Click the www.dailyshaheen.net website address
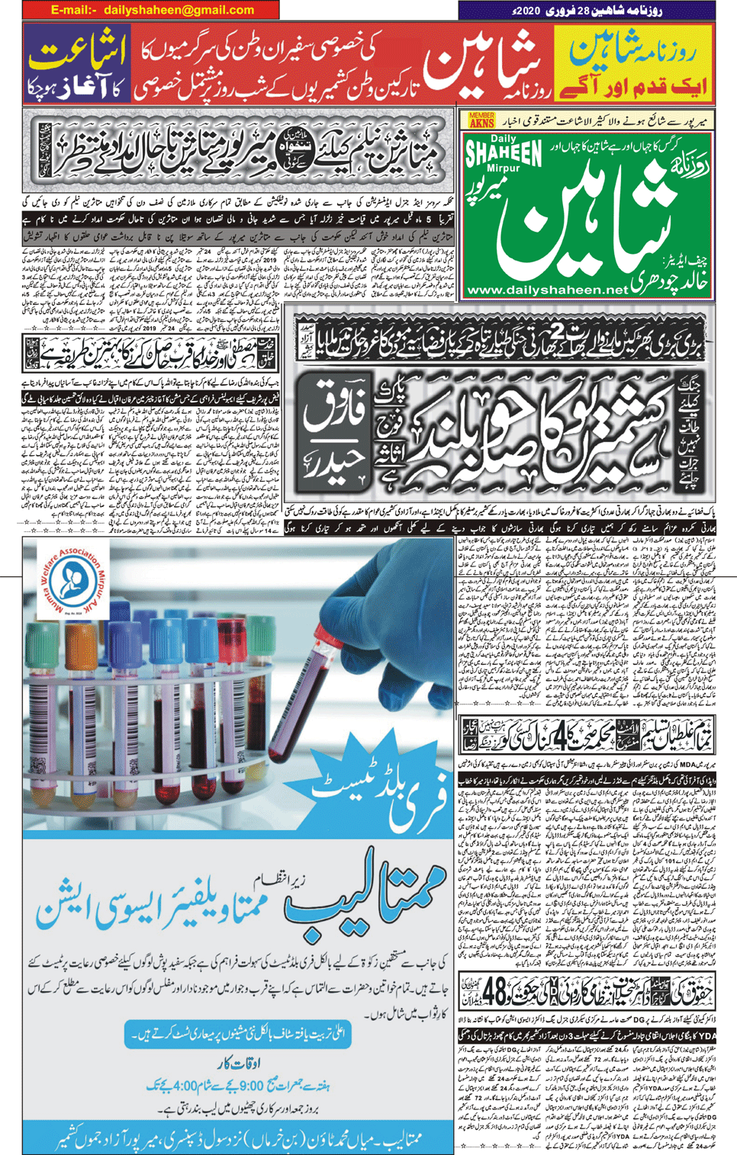tap(546, 290)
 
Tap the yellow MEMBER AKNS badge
tap(481, 120)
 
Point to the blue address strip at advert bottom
tap(238, 1138)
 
